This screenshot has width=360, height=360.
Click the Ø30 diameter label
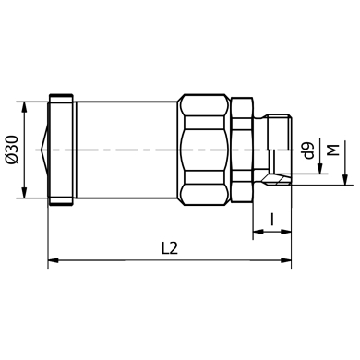click(13, 150)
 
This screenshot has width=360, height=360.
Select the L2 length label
click(170, 248)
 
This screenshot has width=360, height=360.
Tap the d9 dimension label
click(308, 150)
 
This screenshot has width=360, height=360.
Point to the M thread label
click(334, 150)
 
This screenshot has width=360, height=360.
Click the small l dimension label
click(272, 219)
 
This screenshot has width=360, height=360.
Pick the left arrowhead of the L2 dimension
click(54, 260)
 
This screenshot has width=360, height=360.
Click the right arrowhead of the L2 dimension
click(286, 260)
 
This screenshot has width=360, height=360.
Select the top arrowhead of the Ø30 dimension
click(25, 106)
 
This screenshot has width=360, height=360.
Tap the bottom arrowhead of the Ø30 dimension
click(25, 193)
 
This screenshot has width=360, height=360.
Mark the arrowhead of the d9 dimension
click(320, 169)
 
